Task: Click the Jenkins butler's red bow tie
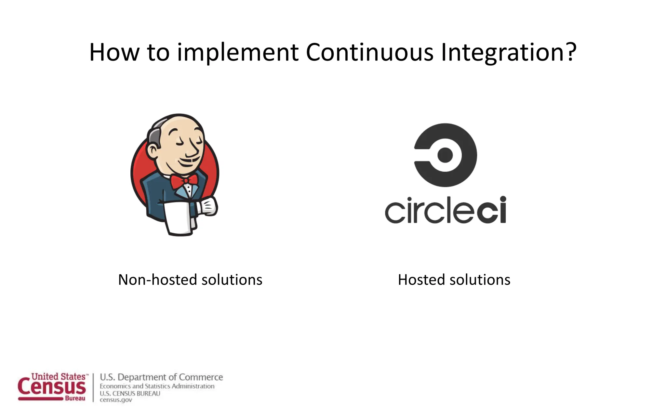pyautogui.click(x=184, y=181)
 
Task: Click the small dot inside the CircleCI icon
pyautogui.click(x=445, y=155)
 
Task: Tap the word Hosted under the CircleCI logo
pyautogui.click(x=421, y=280)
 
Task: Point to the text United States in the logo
pyautogui.click(x=59, y=376)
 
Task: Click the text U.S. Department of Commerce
pyautogui.click(x=161, y=377)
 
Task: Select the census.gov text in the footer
pyautogui.click(x=116, y=400)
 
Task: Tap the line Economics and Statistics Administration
pyautogui.click(x=157, y=386)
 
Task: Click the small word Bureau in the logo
pyautogui.click(x=75, y=398)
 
